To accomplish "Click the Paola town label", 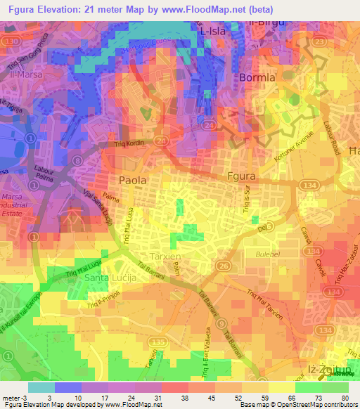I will click(x=132, y=180).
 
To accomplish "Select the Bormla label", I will click(x=257, y=77).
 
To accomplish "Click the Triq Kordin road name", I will click(x=129, y=145).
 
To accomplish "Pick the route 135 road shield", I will click(x=160, y=342).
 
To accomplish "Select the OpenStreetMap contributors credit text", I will click(x=317, y=405).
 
